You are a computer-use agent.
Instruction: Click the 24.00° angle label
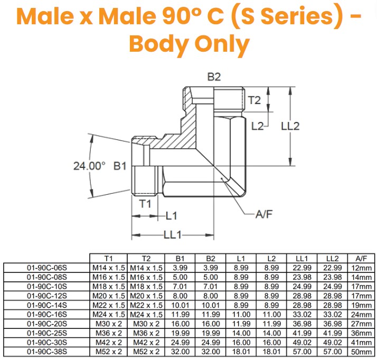pos(90,165)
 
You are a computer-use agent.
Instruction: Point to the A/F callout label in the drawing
pos(264,214)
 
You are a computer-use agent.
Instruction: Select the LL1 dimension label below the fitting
pos(172,234)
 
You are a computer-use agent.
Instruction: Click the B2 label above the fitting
pos(213,77)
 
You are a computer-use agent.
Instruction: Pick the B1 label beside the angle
pos(121,165)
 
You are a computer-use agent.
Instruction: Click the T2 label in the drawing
pos(255,100)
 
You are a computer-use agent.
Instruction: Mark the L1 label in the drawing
pos(171,215)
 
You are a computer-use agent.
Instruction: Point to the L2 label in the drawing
pos(257,126)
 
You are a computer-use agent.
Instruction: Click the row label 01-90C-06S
pos(46,268)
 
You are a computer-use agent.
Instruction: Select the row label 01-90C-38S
pos(46,352)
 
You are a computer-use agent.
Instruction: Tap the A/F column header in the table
pos(362,259)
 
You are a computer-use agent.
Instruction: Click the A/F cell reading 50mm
pos(362,352)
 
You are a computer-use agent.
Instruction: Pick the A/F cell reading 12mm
pos(362,268)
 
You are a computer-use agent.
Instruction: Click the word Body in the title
pos(158,46)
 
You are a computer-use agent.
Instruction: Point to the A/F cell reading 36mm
pos(362,333)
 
